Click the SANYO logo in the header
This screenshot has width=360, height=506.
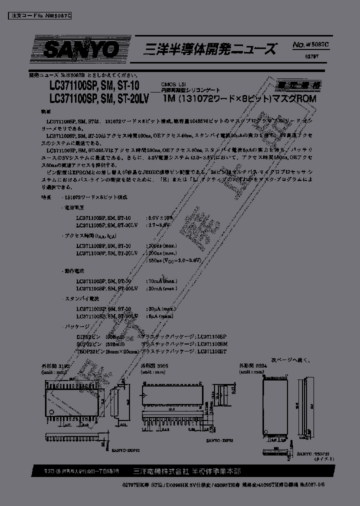point(81,49)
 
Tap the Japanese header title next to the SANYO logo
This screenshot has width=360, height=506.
point(210,49)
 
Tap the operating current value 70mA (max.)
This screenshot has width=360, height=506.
point(161,281)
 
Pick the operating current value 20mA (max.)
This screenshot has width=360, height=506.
point(161,288)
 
